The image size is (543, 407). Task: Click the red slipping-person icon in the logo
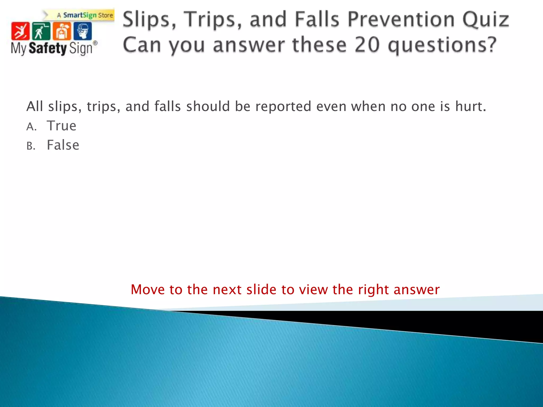point(20,31)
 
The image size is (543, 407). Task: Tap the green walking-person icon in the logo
point(41,31)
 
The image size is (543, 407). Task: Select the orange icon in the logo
point(62,31)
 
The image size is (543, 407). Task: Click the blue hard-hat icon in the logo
point(83,31)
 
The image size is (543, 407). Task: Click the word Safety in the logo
point(47,48)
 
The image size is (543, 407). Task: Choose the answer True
point(62,126)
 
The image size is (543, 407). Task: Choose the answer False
point(63,145)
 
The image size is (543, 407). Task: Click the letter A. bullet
point(31,127)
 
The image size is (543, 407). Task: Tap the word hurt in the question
point(470,107)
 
